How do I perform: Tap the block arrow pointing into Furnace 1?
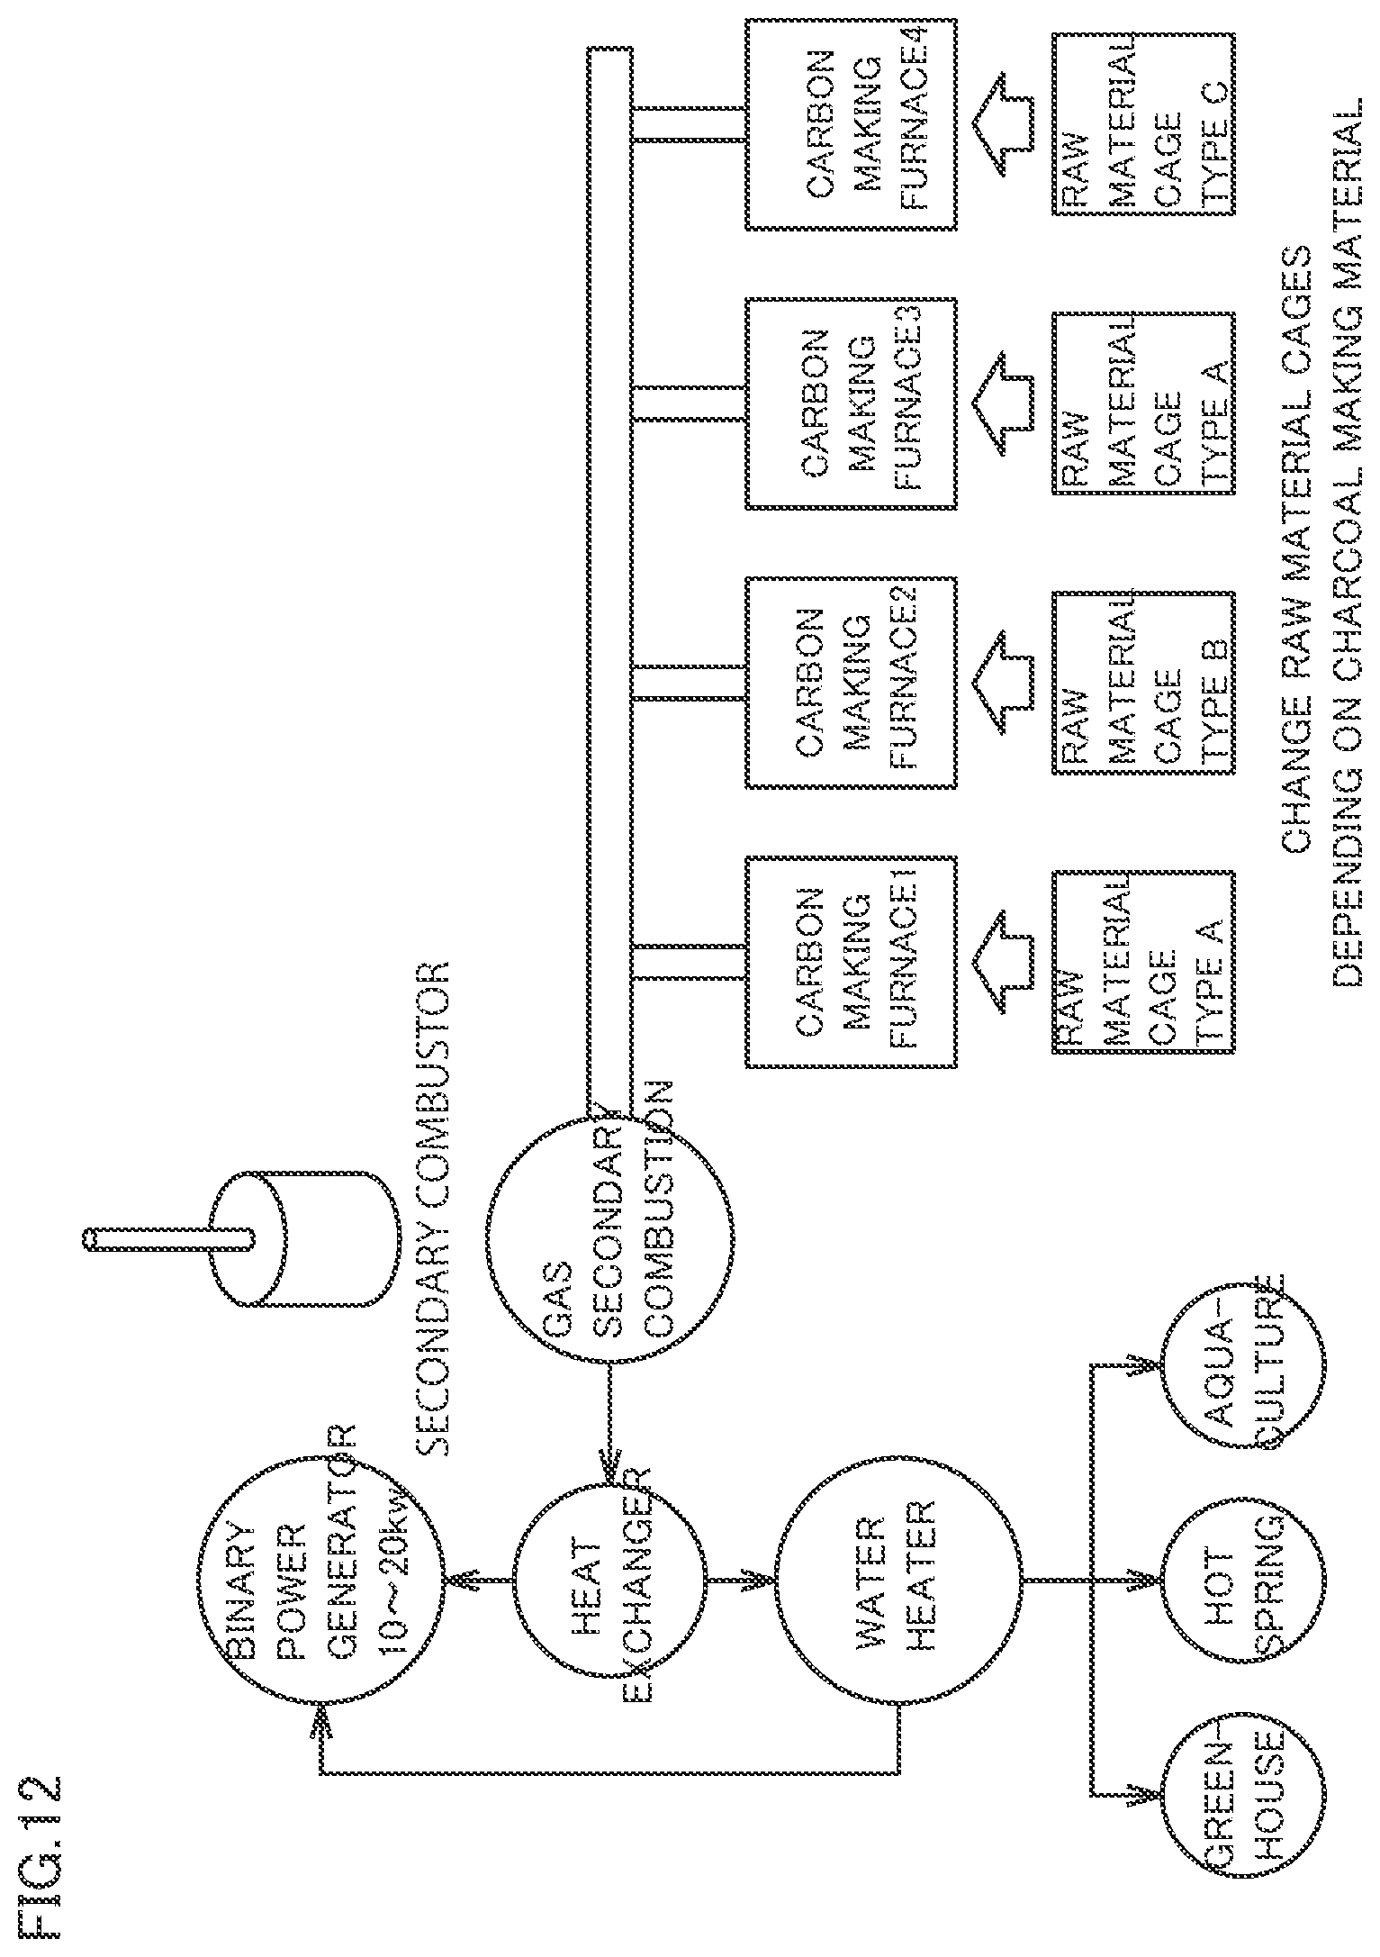pyautogui.click(x=1001, y=962)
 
